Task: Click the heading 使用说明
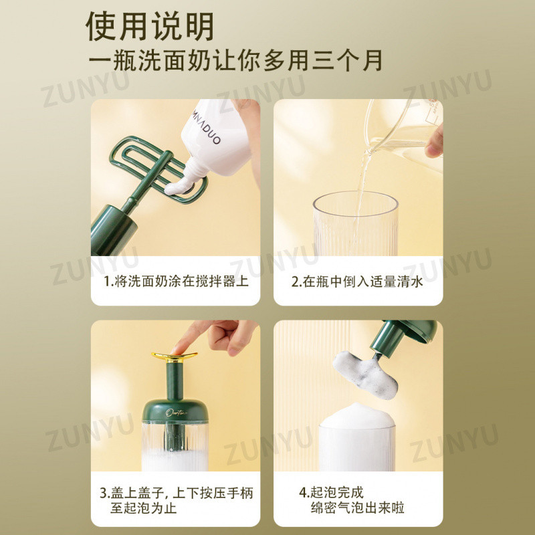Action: pos(149,26)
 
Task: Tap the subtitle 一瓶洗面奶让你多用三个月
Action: pos(235,61)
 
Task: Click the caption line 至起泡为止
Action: pos(143,508)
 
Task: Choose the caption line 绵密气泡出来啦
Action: pos(357,508)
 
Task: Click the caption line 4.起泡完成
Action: pos(331,492)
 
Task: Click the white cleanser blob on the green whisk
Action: pos(179,187)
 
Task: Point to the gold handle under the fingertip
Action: pos(175,357)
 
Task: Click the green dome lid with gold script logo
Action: pos(175,411)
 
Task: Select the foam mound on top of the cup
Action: pos(357,415)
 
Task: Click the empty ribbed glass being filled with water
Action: pos(356,224)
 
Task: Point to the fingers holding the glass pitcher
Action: pos(434,142)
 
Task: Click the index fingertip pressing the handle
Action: pos(177,349)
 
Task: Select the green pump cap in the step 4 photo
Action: pos(403,336)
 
